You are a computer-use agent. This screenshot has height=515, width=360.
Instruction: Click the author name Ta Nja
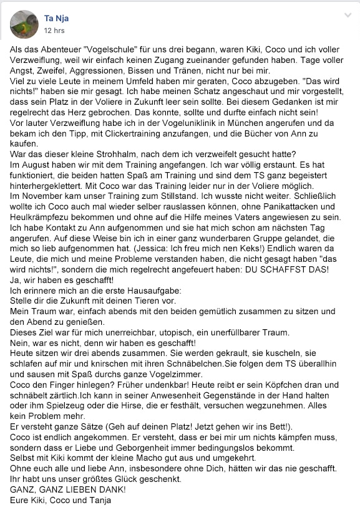tap(57, 19)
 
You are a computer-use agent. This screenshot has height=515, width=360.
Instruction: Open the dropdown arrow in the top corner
tap(348, 16)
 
